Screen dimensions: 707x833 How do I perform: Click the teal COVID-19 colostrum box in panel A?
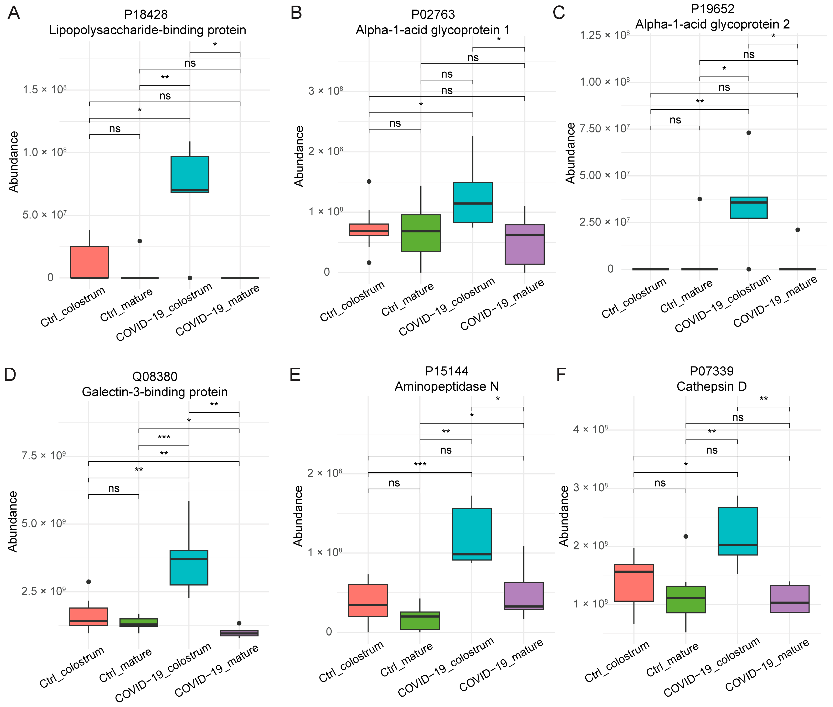pyautogui.click(x=190, y=174)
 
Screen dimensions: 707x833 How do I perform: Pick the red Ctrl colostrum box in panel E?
pyautogui.click(x=368, y=600)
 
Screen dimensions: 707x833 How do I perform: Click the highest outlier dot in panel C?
pyautogui.click(x=748, y=133)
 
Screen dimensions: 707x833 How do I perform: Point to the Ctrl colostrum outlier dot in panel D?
pyautogui.click(x=89, y=582)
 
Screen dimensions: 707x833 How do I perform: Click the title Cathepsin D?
pyautogui.click(x=712, y=386)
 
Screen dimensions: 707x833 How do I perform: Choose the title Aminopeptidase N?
pyautogui.click(x=446, y=386)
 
